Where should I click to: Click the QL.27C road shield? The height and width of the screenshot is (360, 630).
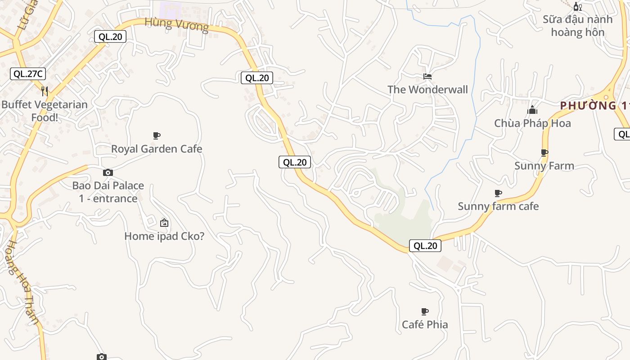point(28,74)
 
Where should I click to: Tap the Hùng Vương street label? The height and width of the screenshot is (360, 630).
point(177,24)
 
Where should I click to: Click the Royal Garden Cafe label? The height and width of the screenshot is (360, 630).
point(157,149)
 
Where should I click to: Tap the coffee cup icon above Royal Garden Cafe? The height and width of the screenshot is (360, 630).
point(157,135)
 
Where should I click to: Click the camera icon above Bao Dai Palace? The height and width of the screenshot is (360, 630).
point(108,172)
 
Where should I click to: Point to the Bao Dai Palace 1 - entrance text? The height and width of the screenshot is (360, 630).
point(108,192)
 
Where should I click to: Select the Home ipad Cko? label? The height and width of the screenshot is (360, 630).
point(164,236)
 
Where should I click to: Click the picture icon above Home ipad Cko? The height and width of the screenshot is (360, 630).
point(164,222)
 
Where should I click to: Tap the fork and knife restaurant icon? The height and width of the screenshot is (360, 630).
point(45,91)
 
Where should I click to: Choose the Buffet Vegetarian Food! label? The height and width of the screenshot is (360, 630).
point(45,111)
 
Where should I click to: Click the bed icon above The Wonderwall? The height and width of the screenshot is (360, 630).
point(427,76)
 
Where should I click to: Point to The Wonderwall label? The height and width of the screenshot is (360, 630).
point(428,90)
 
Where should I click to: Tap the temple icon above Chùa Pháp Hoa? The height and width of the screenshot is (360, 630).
point(532,110)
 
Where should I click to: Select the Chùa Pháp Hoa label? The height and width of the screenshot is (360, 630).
point(532,123)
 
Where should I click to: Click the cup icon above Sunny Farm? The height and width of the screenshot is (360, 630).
point(544,153)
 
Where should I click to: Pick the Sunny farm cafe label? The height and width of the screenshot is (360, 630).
point(498,207)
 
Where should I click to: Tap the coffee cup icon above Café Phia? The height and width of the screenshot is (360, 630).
point(424,311)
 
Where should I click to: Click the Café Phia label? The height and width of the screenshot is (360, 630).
point(425,324)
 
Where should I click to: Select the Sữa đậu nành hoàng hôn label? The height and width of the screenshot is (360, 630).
point(577,26)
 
